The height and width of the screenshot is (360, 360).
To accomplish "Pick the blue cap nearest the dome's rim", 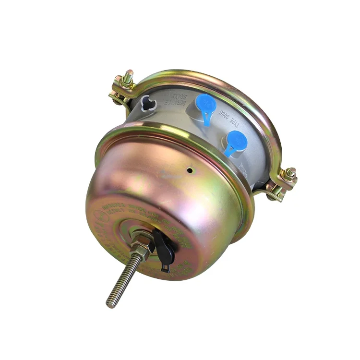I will tap(237, 142).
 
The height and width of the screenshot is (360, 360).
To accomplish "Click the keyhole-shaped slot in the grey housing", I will tap(148, 103).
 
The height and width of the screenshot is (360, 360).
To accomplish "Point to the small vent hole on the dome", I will tap(191, 169).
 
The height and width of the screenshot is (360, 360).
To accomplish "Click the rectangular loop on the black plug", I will tap(166, 265).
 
